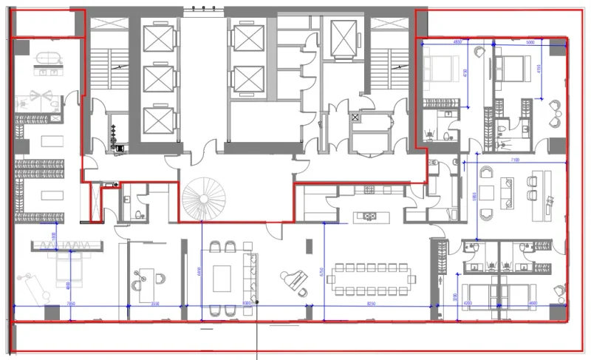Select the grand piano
pos(292,281)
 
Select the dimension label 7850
pos(70,303)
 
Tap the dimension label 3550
pos(154,303)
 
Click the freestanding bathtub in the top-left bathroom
pos(45,58)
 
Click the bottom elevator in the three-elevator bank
pos(157,120)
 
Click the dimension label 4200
pos(467,303)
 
